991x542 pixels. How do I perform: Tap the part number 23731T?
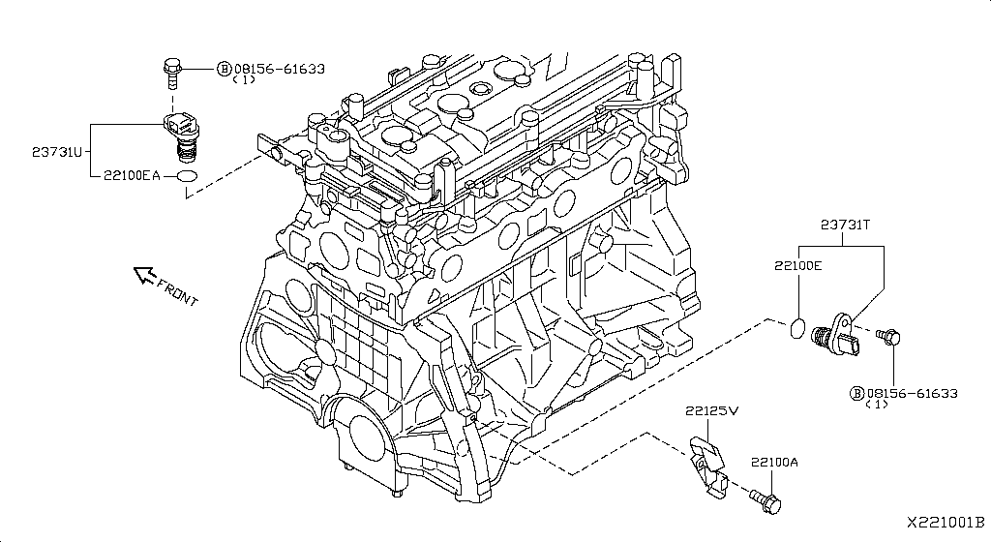point(846,225)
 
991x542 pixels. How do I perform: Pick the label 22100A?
point(773,463)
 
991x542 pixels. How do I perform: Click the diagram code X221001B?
point(945,522)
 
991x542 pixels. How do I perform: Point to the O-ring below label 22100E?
point(796,327)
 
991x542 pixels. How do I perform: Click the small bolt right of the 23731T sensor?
point(888,336)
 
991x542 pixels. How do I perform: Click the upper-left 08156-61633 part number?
point(278,69)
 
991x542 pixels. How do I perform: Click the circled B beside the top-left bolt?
point(224,69)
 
